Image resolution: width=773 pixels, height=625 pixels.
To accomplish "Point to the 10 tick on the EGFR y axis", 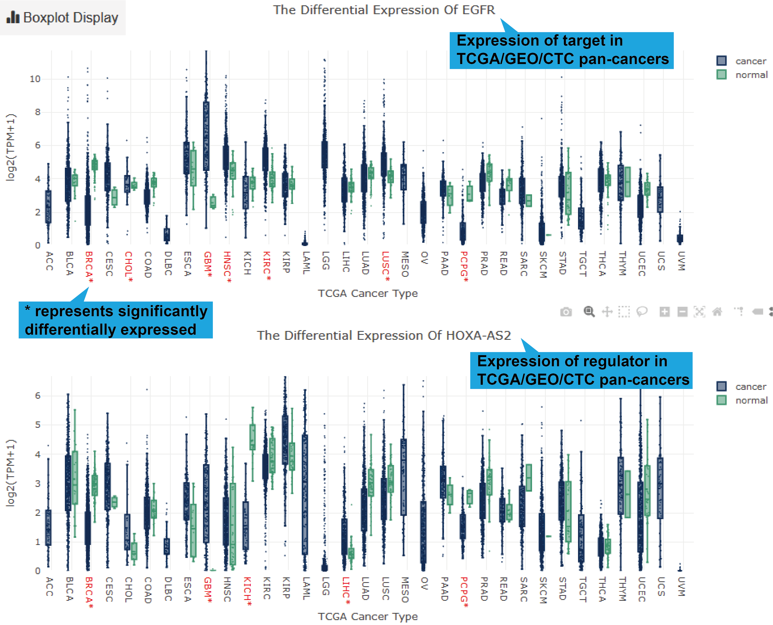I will [x=35, y=79].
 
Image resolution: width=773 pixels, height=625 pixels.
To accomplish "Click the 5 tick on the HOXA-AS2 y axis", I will [x=38, y=425].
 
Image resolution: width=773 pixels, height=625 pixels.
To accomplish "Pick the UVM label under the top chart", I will [x=681, y=261].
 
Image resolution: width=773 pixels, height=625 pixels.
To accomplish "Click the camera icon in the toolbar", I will [x=566, y=312].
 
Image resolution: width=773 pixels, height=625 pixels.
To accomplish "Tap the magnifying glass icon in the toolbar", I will [x=589, y=312].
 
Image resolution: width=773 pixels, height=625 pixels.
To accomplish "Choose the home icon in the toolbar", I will [x=717, y=312].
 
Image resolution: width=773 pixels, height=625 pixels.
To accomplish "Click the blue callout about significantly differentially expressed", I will [x=116, y=320].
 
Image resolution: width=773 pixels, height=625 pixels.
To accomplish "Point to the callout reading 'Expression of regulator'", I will [x=581, y=370].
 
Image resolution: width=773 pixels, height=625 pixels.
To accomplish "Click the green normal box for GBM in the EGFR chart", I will [x=213, y=202].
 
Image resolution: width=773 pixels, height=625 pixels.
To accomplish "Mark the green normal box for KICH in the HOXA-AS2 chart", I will [x=252, y=437].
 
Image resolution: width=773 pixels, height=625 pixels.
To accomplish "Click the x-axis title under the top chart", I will [x=367, y=293].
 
